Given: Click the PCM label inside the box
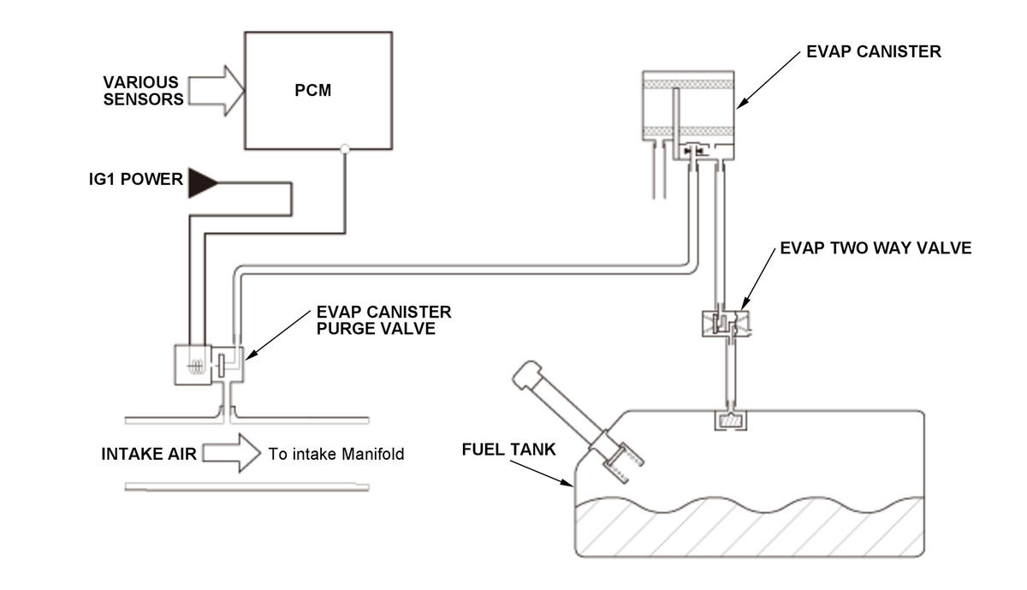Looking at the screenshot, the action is [x=312, y=91].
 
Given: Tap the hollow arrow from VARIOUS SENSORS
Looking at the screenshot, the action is [x=217, y=91].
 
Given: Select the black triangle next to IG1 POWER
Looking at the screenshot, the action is [x=203, y=183].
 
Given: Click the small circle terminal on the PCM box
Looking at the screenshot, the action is [x=345, y=149].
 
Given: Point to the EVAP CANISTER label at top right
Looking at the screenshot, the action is [x=874, y=51].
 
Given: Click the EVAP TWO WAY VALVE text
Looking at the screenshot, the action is [x=876, y=248].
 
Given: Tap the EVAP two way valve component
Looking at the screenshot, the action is [x=727, y=324].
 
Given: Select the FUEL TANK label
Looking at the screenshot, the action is [x=508, y=450].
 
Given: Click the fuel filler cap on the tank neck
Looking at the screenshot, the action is [x=527, y=374].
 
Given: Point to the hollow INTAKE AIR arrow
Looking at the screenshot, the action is [x=232, y=453].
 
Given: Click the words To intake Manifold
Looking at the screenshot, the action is [x=336, y=454].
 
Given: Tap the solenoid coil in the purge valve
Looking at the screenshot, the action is [x=196, y=367].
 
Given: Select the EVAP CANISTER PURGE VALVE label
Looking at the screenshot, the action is [x=383, y=320].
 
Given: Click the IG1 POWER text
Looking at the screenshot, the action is [x=136, y=179].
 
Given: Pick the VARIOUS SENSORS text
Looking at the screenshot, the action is [x=143, y=91].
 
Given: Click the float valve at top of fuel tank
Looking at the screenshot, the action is [x=731, y=420].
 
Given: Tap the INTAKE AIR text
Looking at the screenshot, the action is [x=149, y=454].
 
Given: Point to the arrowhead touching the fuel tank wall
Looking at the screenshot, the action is [x=568, y=482].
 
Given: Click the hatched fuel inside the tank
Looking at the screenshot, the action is [x=749, y=527].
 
